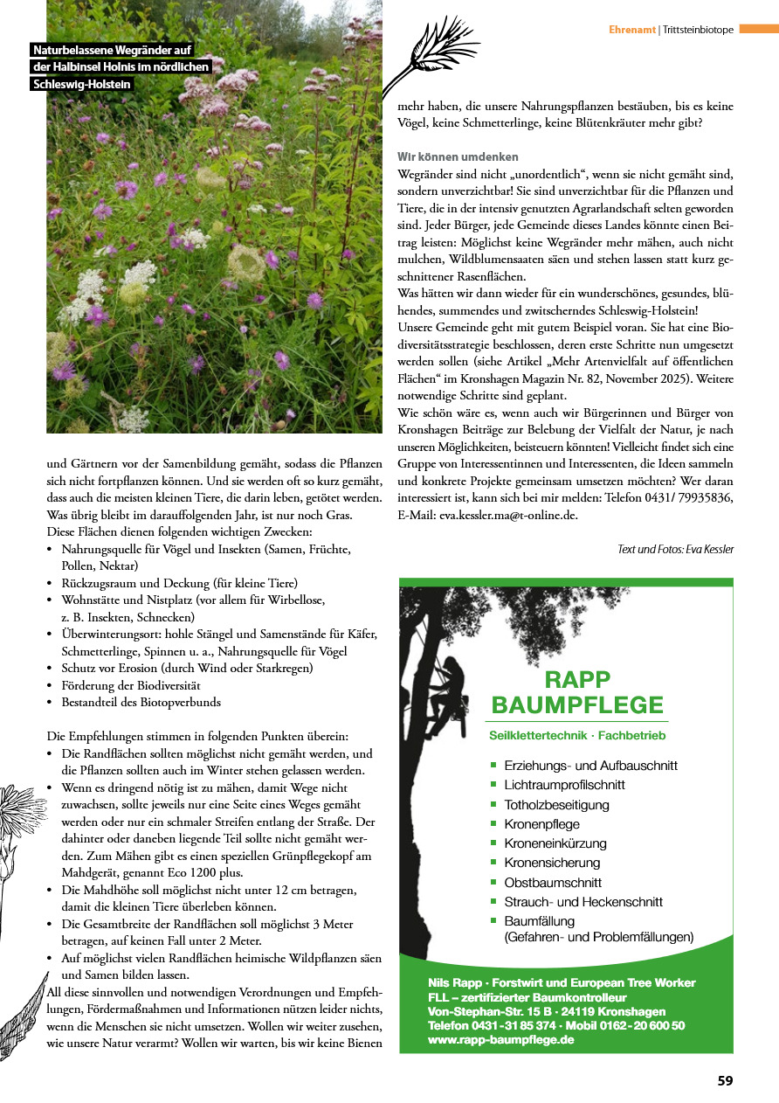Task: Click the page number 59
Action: pyautogui.click(x=725, y=1080)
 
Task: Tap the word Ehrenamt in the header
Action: pyautogui.click(x=632, y=30)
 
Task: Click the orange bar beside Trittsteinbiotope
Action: pyautogui.click(x=758, y=29)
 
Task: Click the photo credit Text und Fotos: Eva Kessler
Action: pyautogui.click(x=675, y=549)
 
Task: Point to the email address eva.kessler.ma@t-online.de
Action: pyautogui.click(x=508, y=516)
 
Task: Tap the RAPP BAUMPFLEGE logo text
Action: pyautogui.click(x=577, y=692)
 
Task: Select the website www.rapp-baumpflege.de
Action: pyautogui.click(x=500, y=1040)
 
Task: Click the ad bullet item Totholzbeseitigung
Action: pyautogui.click(x=556, y=804)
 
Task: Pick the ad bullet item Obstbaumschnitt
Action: pyautogui.click(x=553, y=882)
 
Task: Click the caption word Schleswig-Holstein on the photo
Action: pyautogui.click(x=81, y=84)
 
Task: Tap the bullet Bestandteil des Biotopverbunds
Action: pyautogui.click(x=141, y=701)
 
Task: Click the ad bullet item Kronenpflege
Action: pyautogui.click(x=541, y=823)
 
